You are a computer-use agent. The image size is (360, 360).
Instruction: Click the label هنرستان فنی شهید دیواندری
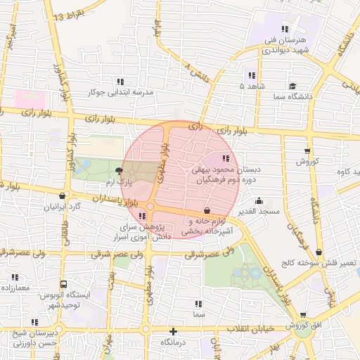point(285,45)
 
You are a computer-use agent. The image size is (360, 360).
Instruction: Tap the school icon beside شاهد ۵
point(251,75)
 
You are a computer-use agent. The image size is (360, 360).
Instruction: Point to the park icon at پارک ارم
point(118,171)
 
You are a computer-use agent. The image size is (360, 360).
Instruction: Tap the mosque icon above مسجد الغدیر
point(259,200)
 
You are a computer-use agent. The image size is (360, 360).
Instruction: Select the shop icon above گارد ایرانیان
point(64,196)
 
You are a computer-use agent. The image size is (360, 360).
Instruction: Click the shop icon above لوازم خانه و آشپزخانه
point(207,210)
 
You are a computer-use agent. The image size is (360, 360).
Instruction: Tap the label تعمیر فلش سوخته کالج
point(326,263)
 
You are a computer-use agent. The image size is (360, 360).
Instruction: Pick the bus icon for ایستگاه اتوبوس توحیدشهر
point(64,285)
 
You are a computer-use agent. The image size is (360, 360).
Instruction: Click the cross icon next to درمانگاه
point(173,330)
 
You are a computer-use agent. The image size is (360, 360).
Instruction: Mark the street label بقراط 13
point(67,15)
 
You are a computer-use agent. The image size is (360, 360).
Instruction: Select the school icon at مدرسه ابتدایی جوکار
point(120,82)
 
